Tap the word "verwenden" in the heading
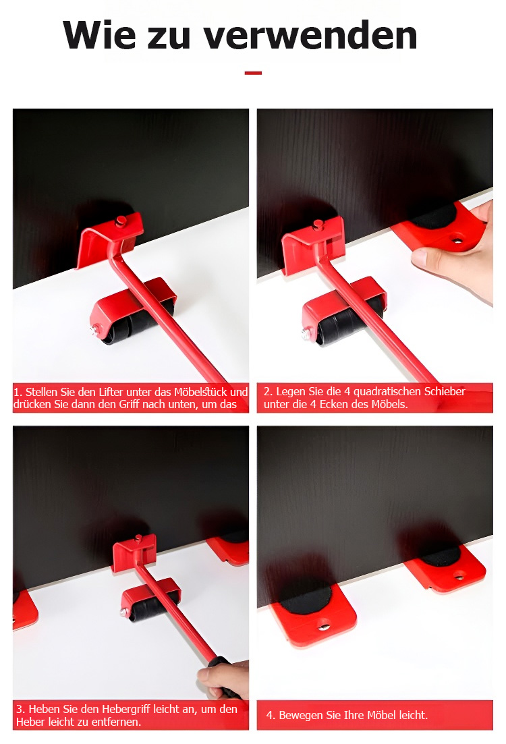[310, 36]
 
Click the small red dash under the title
[254, 73]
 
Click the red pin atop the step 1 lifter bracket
[121, 221]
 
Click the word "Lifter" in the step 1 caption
[111, 392]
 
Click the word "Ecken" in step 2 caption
[334, 404]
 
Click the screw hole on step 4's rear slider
[459, 577]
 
